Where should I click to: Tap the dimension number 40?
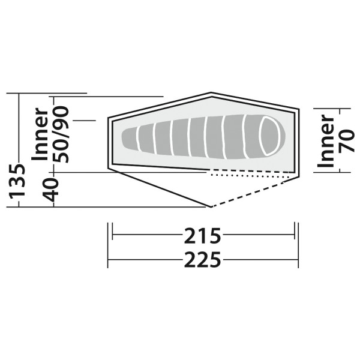(x=52, y=190)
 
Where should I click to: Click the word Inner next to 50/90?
(x=40, y=135)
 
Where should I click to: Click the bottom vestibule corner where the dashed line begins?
(x=210, y=206)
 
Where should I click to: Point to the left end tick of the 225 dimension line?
(x=108, y=260)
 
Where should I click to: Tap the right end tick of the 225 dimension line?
(x=298, y=260)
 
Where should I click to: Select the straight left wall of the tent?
(x=109, y=144)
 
